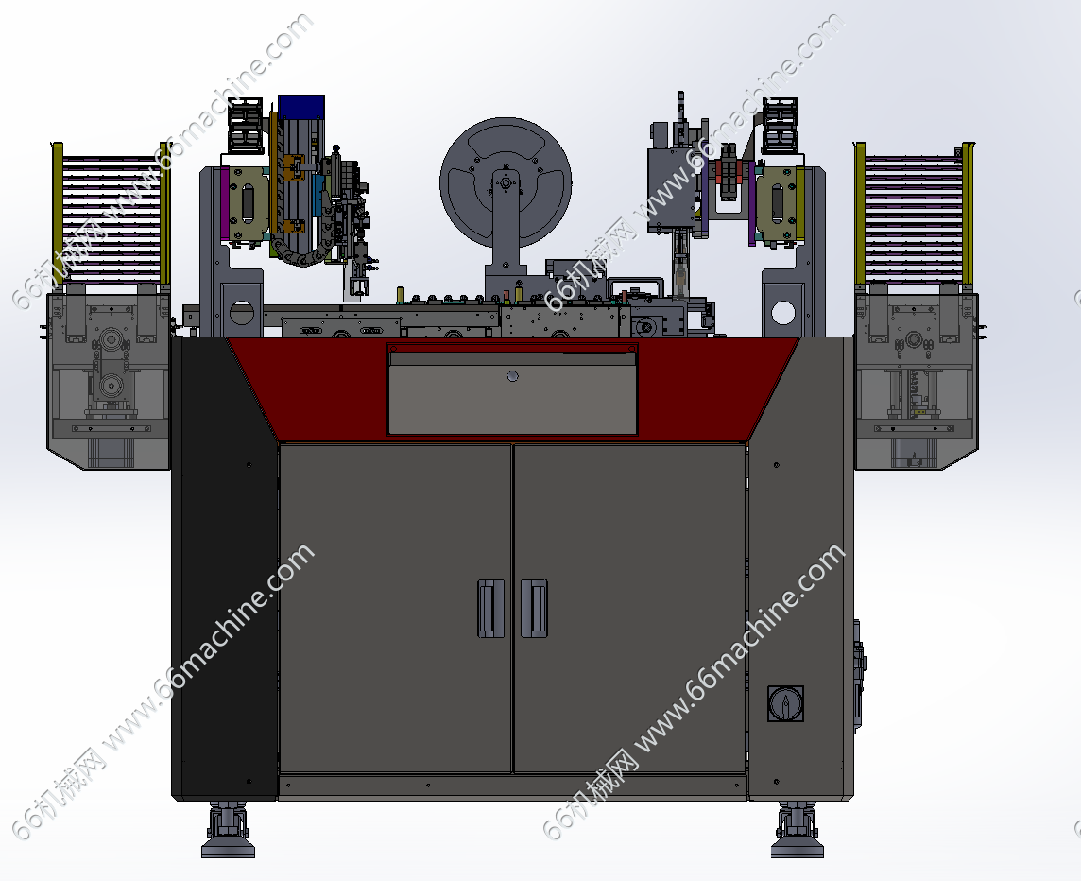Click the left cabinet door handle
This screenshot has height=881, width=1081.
[490, 608]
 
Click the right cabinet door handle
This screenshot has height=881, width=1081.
[534, 608]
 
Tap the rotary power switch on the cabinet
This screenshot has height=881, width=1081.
[785, 703]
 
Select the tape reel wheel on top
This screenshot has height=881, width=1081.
[506, 182]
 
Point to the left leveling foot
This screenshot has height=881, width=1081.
[228, 830]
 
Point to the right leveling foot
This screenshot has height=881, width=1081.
[797, 830]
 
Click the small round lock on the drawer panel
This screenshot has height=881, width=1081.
[512, 376]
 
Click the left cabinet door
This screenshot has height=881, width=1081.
[395, 609]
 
